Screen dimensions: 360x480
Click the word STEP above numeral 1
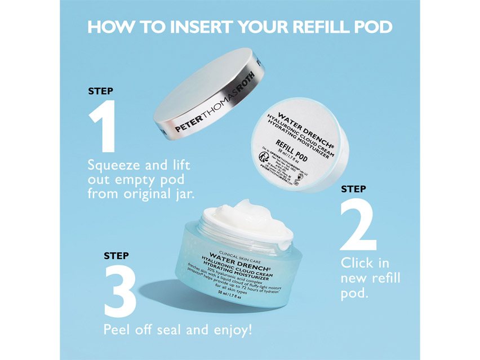pos(100,90)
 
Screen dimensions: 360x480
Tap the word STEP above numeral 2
pos(353,189)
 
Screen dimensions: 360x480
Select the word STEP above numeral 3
pos(116,256)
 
